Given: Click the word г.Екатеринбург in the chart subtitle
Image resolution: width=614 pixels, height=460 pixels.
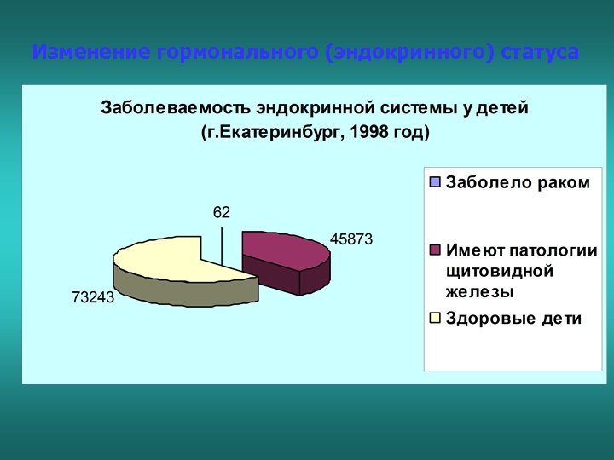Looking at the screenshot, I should (271, 133).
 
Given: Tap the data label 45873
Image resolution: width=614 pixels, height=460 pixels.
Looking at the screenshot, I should (351, 240).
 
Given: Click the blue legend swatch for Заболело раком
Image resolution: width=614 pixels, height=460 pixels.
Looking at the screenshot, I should (435, 182).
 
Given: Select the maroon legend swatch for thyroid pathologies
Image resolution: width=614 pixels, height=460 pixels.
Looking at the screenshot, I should (435, 250).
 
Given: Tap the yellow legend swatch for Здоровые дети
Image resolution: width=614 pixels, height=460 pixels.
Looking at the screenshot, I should (435, 319).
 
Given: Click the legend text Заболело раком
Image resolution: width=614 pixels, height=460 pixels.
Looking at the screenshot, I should (517, 182).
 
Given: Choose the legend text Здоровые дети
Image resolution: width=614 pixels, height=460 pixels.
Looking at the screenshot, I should (513, 319).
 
